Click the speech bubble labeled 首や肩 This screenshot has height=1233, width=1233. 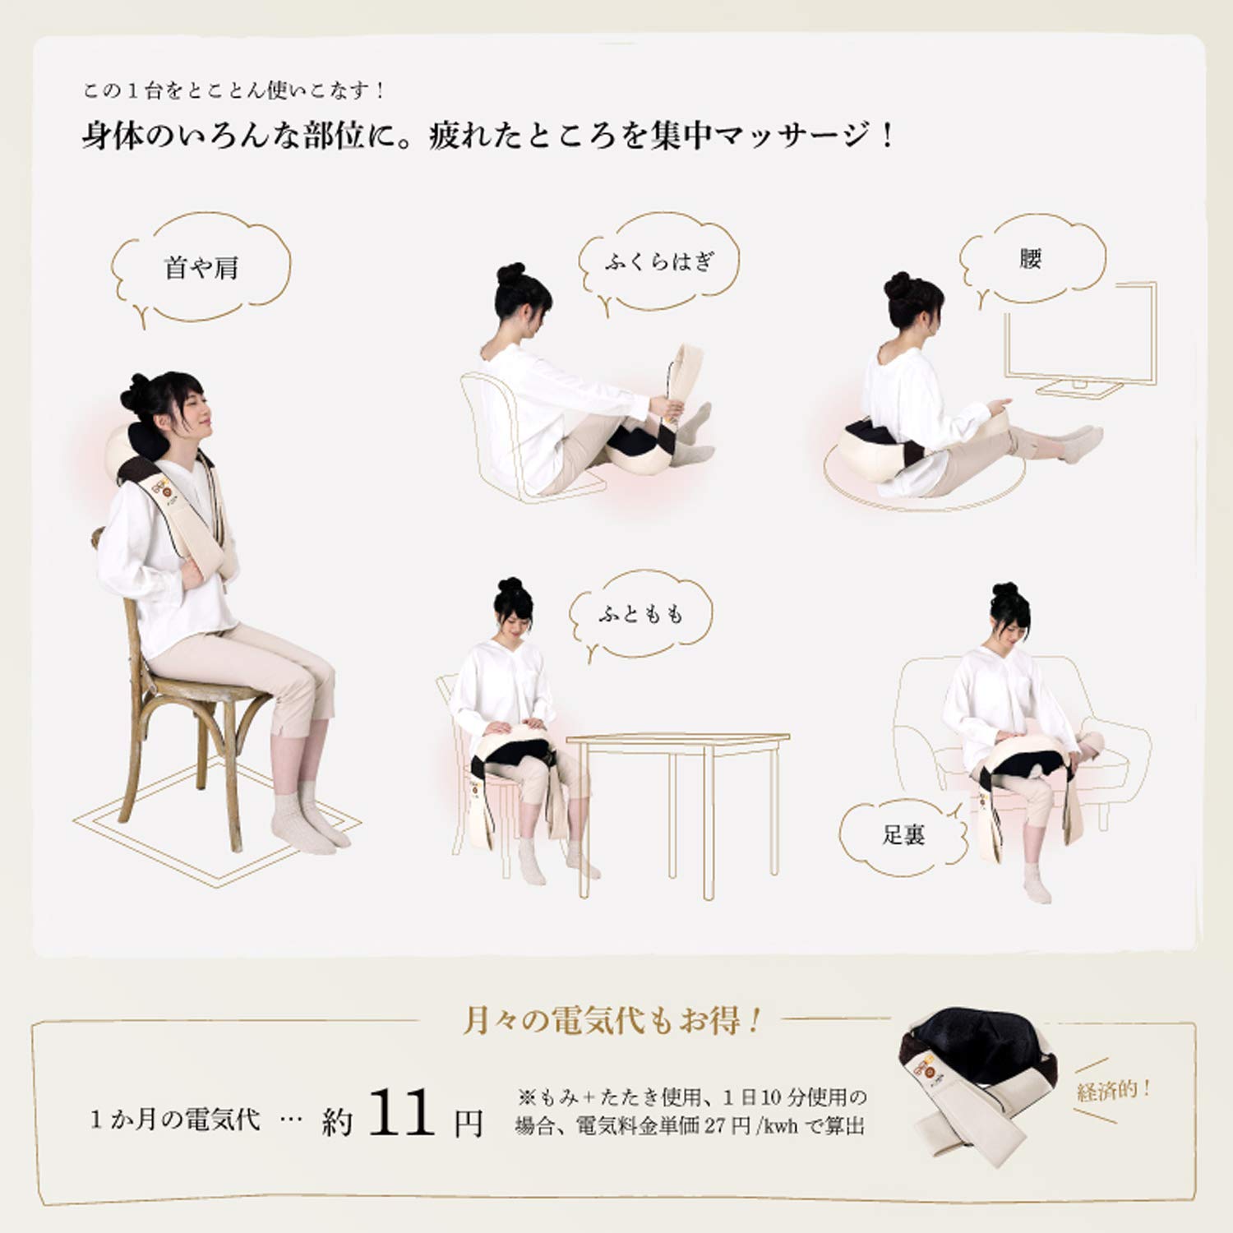[201, 268]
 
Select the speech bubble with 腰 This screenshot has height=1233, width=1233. [1031, 259]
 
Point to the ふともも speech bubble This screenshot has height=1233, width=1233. [640, 613]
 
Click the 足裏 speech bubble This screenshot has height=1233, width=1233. [903, 835]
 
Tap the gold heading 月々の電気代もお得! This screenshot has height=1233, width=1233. [612, 1021]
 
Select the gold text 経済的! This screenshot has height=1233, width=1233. [1114, 1091]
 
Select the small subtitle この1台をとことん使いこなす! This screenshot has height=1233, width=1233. [234, 90]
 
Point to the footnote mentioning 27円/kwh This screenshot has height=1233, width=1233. [690, 1125]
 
